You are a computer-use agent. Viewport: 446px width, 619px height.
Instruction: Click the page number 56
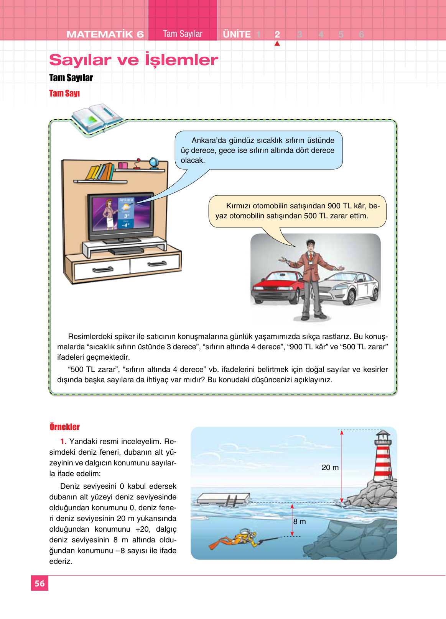click(39, 583)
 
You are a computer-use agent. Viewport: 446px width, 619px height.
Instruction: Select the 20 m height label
click(330, 467)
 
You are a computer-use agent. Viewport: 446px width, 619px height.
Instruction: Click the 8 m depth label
click(300, 521)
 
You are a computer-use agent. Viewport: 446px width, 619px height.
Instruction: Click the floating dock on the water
click(222, 499)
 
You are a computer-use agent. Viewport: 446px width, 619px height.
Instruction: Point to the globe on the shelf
click(154, 163)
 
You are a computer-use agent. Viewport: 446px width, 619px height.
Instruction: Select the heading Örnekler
click(64, 427)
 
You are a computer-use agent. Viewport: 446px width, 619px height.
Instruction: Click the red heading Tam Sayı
click(64, 93)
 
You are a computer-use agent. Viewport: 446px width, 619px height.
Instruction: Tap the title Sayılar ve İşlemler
click(133, 60)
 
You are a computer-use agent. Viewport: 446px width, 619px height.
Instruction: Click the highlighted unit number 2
click(277, 34)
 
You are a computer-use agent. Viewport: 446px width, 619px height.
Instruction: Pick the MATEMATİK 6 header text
click(105, 34)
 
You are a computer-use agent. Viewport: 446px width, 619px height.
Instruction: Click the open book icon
click(96, 119)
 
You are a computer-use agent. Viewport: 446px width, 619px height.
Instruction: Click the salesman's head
click(311, 245)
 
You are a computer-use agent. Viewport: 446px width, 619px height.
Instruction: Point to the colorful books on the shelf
click(100, 172)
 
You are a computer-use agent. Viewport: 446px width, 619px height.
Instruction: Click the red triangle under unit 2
click(277, 44)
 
